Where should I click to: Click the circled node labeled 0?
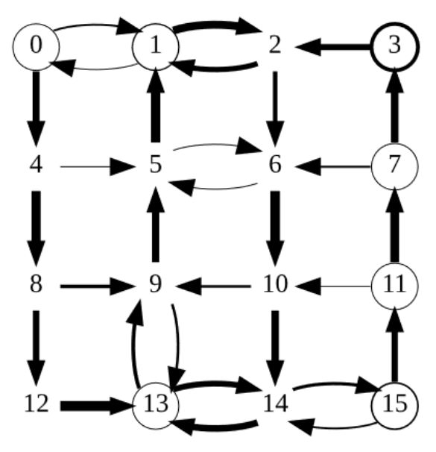click(x=36, y=46)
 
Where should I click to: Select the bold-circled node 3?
click(x=394, y=46)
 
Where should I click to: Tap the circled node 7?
click(x=394, y=166)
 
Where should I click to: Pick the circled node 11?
click(x=394, y=285)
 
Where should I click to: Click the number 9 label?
click(x=155, y=285)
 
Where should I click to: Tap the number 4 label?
click(x=36, y=166)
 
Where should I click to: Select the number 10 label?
click(x=275, y=285)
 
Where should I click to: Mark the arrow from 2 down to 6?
click(x=275, y=106)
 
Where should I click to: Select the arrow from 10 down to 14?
click(x=275, y=345)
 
